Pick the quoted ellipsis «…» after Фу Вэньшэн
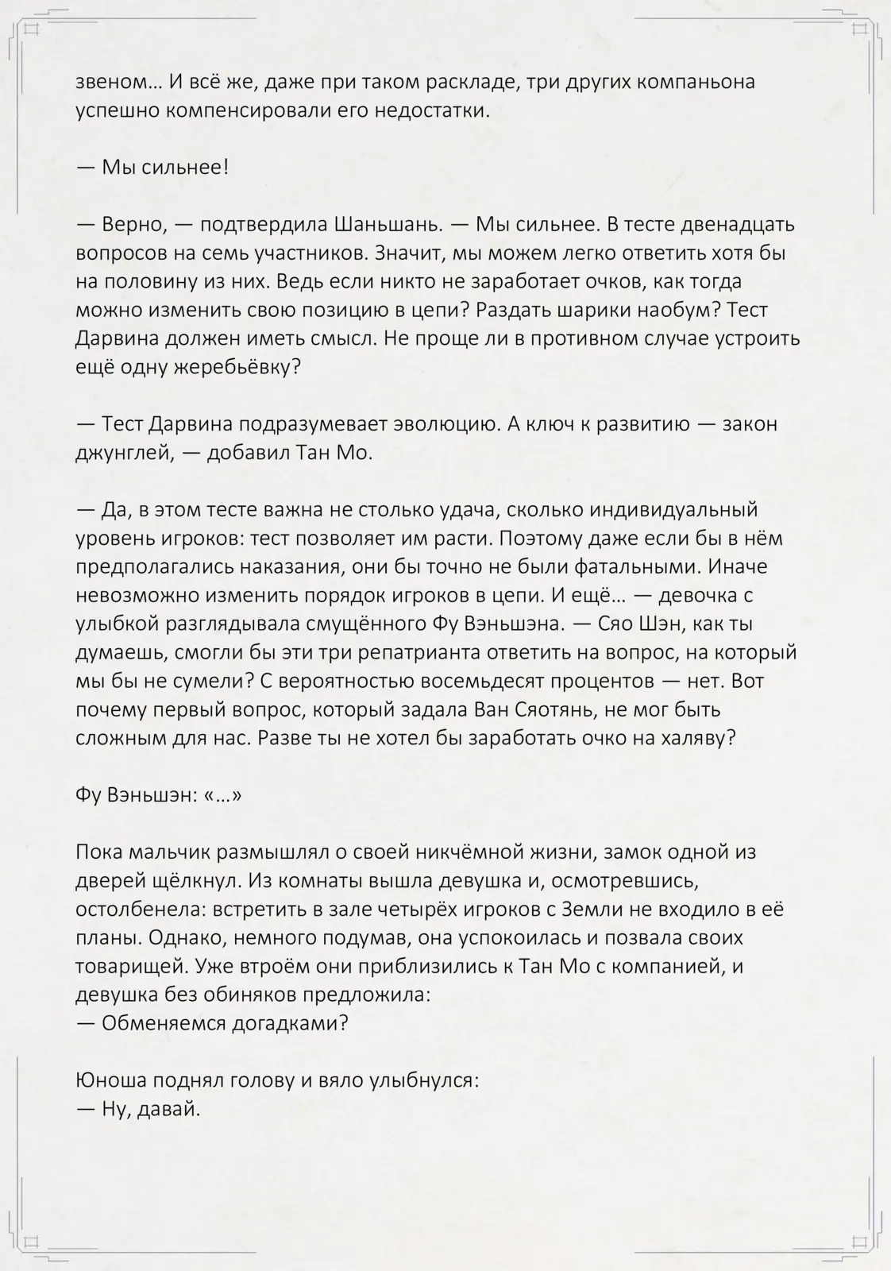click(222, 795)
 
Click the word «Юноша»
click(109, 1080)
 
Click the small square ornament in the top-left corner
click(33, 29)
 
